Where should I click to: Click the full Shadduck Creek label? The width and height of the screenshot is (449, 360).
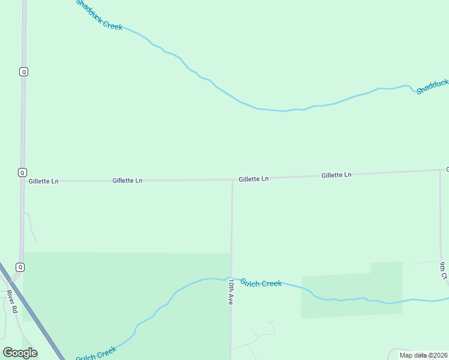point(99,15)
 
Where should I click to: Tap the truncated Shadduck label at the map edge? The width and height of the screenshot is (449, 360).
point(432,86)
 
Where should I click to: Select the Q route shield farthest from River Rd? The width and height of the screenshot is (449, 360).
point(23,71)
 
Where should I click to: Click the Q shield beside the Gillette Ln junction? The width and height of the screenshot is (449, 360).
point(22,172)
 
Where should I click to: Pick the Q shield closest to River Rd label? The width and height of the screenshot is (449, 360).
point(20,267)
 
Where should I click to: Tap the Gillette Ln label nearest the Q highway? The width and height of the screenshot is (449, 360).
point(43,181)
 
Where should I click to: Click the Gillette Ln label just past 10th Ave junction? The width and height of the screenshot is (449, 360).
point(253,179)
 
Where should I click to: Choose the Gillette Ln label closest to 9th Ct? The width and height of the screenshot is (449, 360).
point(336,175)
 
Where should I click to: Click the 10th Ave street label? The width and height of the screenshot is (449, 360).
point(231,292)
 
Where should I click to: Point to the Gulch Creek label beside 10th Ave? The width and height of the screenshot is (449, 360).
point(261,283)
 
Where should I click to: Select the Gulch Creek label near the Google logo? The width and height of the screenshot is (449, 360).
point(96,353)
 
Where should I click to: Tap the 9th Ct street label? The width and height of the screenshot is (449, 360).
point(442,271)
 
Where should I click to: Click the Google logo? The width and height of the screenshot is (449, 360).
point(20,353)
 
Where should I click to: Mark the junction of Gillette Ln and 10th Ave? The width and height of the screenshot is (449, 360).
point(232,179)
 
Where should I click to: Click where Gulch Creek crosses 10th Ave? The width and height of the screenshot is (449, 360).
point(231,278)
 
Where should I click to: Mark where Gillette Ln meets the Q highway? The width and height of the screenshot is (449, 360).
point(23,181)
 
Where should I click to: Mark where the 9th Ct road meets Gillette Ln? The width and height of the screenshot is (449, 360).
point(440,170)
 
